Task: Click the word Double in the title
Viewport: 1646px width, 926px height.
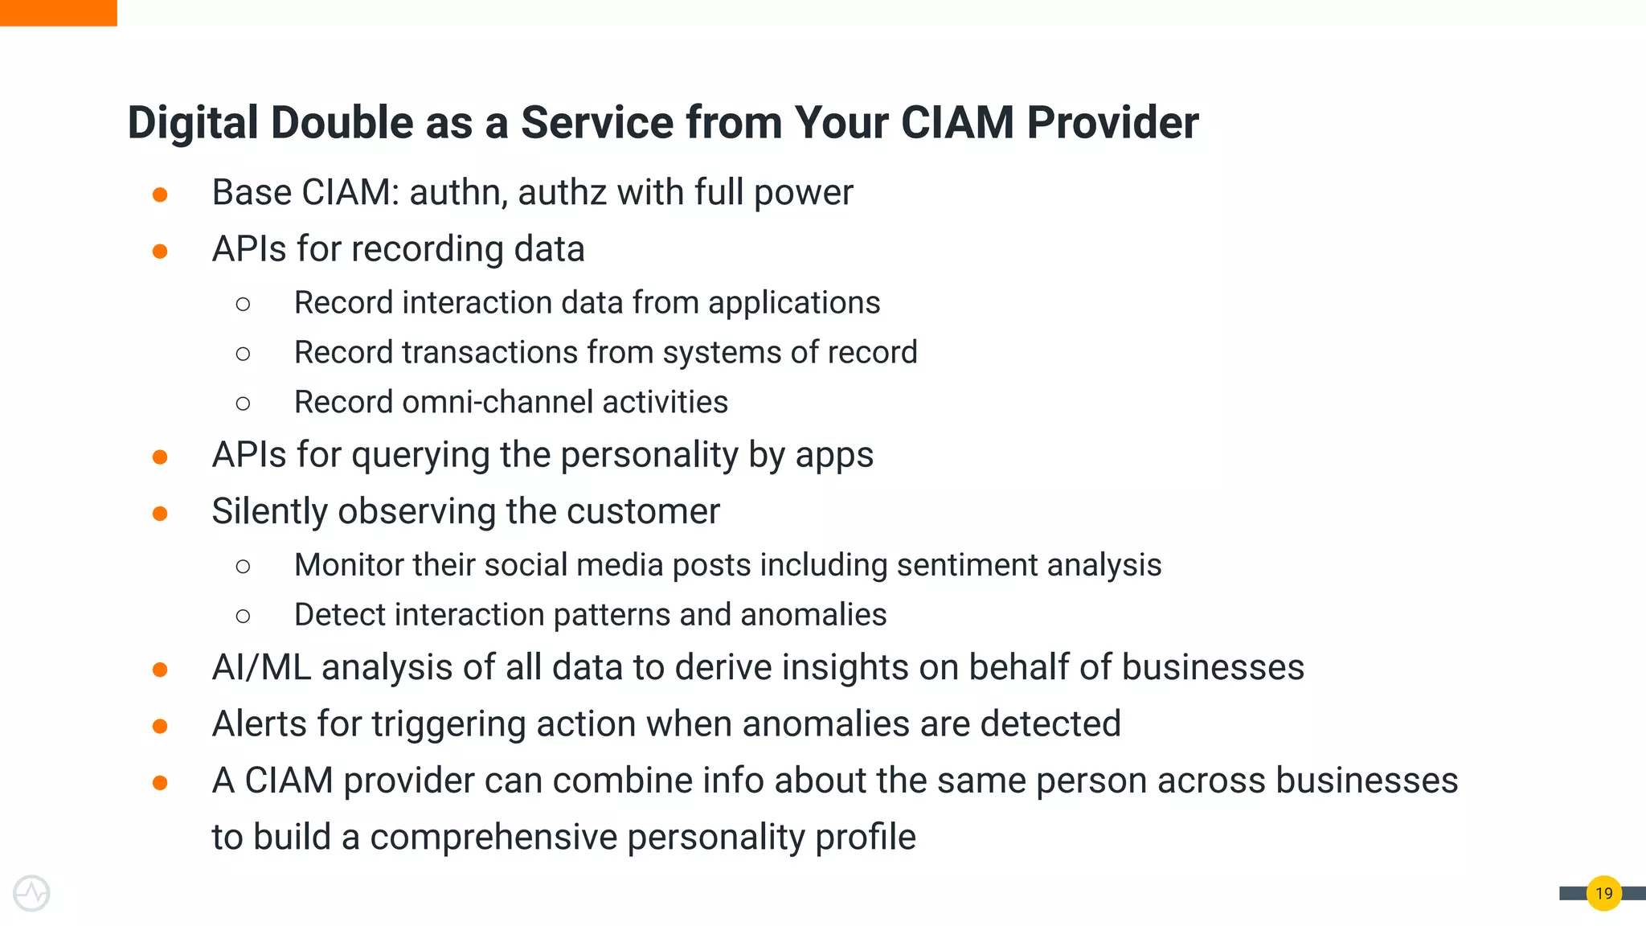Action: (342, 123)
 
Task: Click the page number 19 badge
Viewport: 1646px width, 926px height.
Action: (1603, 893)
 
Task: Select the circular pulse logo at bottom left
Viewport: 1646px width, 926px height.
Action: (31, 893)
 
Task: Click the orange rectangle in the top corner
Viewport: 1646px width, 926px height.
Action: (58, 13)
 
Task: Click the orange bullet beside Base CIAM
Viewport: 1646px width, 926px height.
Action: (160, 195)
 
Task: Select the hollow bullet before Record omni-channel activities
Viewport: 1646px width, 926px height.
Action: (243, 404)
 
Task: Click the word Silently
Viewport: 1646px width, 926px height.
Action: (270, 512)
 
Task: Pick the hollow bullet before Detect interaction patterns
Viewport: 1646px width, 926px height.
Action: (243, 617)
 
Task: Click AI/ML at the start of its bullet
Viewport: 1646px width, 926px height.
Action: (261, 668)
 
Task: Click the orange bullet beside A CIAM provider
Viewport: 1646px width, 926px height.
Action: (160, 783)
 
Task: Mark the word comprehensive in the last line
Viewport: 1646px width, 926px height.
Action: (493, 838)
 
